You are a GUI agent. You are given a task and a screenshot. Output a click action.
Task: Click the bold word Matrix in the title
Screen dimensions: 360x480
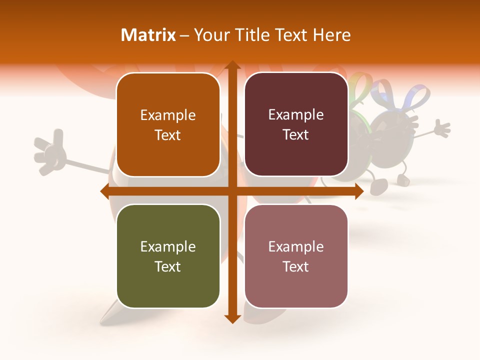pos(148,35)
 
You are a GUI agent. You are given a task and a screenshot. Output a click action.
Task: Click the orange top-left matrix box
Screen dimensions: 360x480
pos(168,125)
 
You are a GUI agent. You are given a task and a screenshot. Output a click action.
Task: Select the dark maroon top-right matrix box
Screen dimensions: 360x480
pos(296,124)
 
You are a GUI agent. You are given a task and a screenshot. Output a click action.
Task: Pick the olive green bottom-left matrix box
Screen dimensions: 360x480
pos(168,256)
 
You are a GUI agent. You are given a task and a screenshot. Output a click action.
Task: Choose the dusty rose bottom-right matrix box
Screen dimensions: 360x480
pos(296,256)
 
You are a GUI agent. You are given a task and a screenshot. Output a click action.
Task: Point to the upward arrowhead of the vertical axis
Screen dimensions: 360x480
pos(232,66)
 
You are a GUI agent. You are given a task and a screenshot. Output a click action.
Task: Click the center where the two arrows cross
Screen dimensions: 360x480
pos(232,191)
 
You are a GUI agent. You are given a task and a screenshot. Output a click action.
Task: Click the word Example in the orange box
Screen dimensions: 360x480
pos(168,115)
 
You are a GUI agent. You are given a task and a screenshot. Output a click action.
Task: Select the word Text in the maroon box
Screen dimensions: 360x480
pos(296,135)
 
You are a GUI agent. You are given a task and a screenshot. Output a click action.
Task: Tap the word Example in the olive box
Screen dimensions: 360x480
pos(168,246)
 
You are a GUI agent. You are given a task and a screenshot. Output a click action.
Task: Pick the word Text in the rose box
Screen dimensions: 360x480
pos(296,266)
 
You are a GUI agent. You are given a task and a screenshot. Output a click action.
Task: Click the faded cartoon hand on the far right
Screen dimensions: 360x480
pos(440,128)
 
